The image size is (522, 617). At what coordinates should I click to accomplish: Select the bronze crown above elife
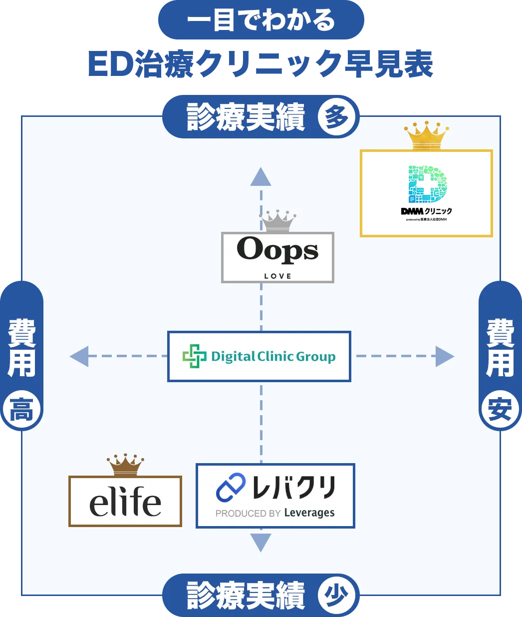coord(125,465)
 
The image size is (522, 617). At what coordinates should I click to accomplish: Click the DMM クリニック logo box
coord(426,193)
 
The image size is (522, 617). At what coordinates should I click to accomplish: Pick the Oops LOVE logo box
coord(277,257)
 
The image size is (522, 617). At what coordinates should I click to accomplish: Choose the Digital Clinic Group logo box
coord(259,356)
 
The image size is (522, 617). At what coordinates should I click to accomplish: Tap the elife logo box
coord(125,501)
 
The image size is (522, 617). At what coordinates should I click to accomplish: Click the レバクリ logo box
coord(275,496)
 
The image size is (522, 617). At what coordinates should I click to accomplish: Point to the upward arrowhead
coord(261,177)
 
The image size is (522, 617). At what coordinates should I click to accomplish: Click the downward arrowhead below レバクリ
coord(261,542)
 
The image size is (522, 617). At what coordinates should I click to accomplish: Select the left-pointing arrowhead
coord(79,356)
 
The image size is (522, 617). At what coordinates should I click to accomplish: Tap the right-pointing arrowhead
coord(444,356)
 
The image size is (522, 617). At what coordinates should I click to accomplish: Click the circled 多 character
coord(337,118)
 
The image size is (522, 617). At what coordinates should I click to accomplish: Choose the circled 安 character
coord(500,411)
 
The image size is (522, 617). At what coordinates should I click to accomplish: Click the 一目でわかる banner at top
coord(261,20)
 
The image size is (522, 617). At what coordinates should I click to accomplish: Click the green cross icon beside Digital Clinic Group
coord(194,356)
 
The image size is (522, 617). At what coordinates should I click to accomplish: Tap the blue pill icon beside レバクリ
coord(231,488)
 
